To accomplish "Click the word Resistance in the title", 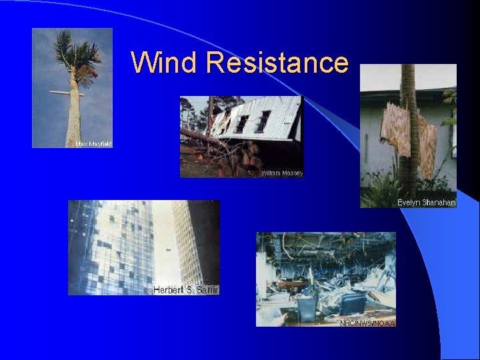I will [x=277, y=63].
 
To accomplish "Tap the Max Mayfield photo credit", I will [x=93, y=143].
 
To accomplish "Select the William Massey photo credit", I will [x=281, y=173].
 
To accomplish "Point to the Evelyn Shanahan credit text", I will [x=426, y=203].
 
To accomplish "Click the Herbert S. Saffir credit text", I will [x=185, y=290].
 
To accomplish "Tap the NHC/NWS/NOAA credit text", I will [x=367, y=323].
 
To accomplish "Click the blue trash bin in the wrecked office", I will [x=307, y=308].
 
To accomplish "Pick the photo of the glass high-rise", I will [x=143, y=247].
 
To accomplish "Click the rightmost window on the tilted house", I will [x=263, y=121].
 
